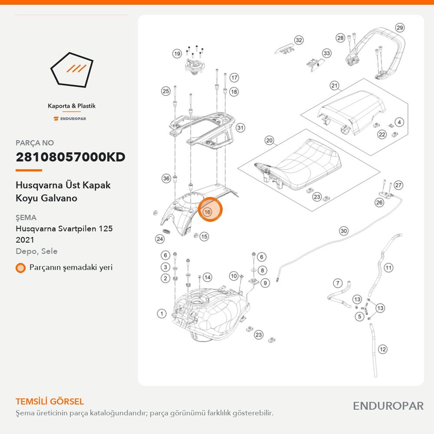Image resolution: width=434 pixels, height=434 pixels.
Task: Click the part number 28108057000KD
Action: click(71, 157)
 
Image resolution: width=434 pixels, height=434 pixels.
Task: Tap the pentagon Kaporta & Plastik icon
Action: click(72, 70)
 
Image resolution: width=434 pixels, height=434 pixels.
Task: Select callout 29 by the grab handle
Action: click(400, 28)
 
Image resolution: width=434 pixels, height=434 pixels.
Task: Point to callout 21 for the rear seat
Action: click(334, 85)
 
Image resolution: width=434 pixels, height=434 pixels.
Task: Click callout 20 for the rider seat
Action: click(270, 141)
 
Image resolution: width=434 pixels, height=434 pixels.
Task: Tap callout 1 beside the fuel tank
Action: click(161, 314)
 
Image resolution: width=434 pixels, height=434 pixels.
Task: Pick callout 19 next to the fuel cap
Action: click(177, 53)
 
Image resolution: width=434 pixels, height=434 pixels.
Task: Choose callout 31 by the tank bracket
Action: click(240, 128)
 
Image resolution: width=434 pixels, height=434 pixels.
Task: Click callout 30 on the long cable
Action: click(343, 231)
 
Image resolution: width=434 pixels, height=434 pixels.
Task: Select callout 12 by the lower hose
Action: click(382, 349)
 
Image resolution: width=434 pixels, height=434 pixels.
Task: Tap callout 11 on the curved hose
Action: click(388, 268)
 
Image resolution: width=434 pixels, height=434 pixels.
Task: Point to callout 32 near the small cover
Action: click(299, 40)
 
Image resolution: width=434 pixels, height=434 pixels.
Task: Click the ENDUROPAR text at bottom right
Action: click(388, 406)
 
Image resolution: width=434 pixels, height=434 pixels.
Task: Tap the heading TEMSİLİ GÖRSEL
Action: click(50, 401)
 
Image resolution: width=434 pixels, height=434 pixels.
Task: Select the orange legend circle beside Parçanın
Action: click(20, 268)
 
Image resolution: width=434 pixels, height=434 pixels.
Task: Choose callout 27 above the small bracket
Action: click(398, 185)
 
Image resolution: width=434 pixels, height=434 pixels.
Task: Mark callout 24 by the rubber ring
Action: click(160, 239)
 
